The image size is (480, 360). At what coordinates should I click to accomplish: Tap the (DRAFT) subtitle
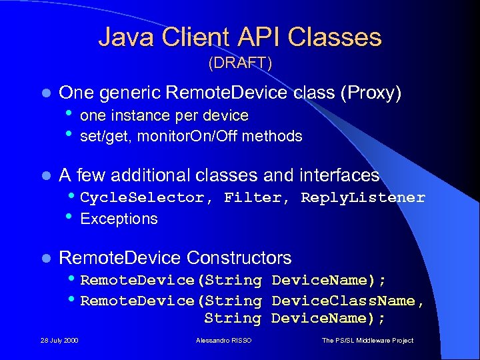[240, 63]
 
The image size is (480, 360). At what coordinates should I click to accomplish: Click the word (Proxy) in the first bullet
[371, 93]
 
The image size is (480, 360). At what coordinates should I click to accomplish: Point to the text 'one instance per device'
[164, 115]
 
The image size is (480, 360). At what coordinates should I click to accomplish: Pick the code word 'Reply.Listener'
[363, 197]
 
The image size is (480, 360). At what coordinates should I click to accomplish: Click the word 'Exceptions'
[119, 219]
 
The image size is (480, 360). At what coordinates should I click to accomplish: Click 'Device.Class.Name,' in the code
[348, 301]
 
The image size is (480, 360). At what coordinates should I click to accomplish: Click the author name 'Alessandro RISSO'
[224, 341]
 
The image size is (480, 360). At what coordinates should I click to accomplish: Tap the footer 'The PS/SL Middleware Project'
[367, 341]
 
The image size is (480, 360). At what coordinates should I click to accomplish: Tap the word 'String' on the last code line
[232, 318]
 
